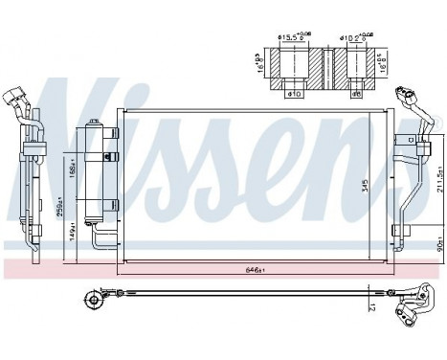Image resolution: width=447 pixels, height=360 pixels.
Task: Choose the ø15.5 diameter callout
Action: coord(292,39)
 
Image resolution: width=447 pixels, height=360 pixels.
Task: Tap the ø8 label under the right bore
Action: coord(355,94)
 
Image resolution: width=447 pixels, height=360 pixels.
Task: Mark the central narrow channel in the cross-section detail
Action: coord(324,67)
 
